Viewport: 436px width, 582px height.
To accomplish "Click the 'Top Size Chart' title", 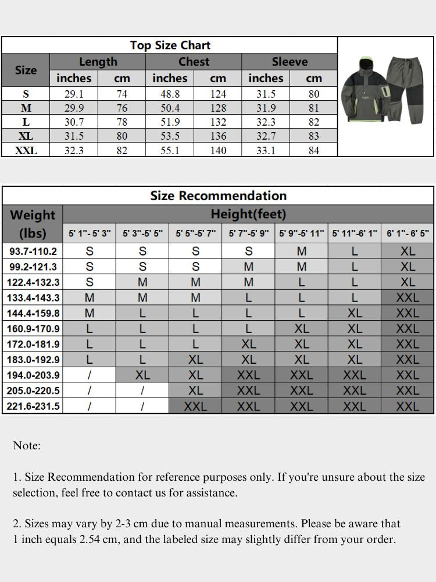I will click(170, 45).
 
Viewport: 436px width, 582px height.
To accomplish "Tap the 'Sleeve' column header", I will click(290, 62).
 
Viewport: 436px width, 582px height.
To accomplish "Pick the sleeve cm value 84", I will click(314, 150).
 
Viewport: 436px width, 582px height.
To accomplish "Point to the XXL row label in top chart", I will click(26, 150).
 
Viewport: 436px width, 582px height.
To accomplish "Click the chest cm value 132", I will click(218, 122).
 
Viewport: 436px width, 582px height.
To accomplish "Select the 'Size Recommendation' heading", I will click(218, 196).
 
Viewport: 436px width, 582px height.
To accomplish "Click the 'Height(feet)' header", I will click(248, 214).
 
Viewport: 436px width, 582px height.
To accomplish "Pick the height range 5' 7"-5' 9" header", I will click(248, 233).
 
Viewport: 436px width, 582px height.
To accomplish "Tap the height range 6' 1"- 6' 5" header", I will click(408, 233).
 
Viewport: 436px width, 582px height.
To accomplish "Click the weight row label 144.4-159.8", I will click(33, 313).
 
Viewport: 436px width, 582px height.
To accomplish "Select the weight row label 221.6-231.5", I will click(33, 406).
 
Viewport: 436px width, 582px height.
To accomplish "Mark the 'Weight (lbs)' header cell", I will click(33, 223).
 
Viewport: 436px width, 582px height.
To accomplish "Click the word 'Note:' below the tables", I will click(27, 446).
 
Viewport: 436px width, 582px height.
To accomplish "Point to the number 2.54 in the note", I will click(93, 540).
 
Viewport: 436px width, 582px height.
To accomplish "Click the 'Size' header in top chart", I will click(26, 70).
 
